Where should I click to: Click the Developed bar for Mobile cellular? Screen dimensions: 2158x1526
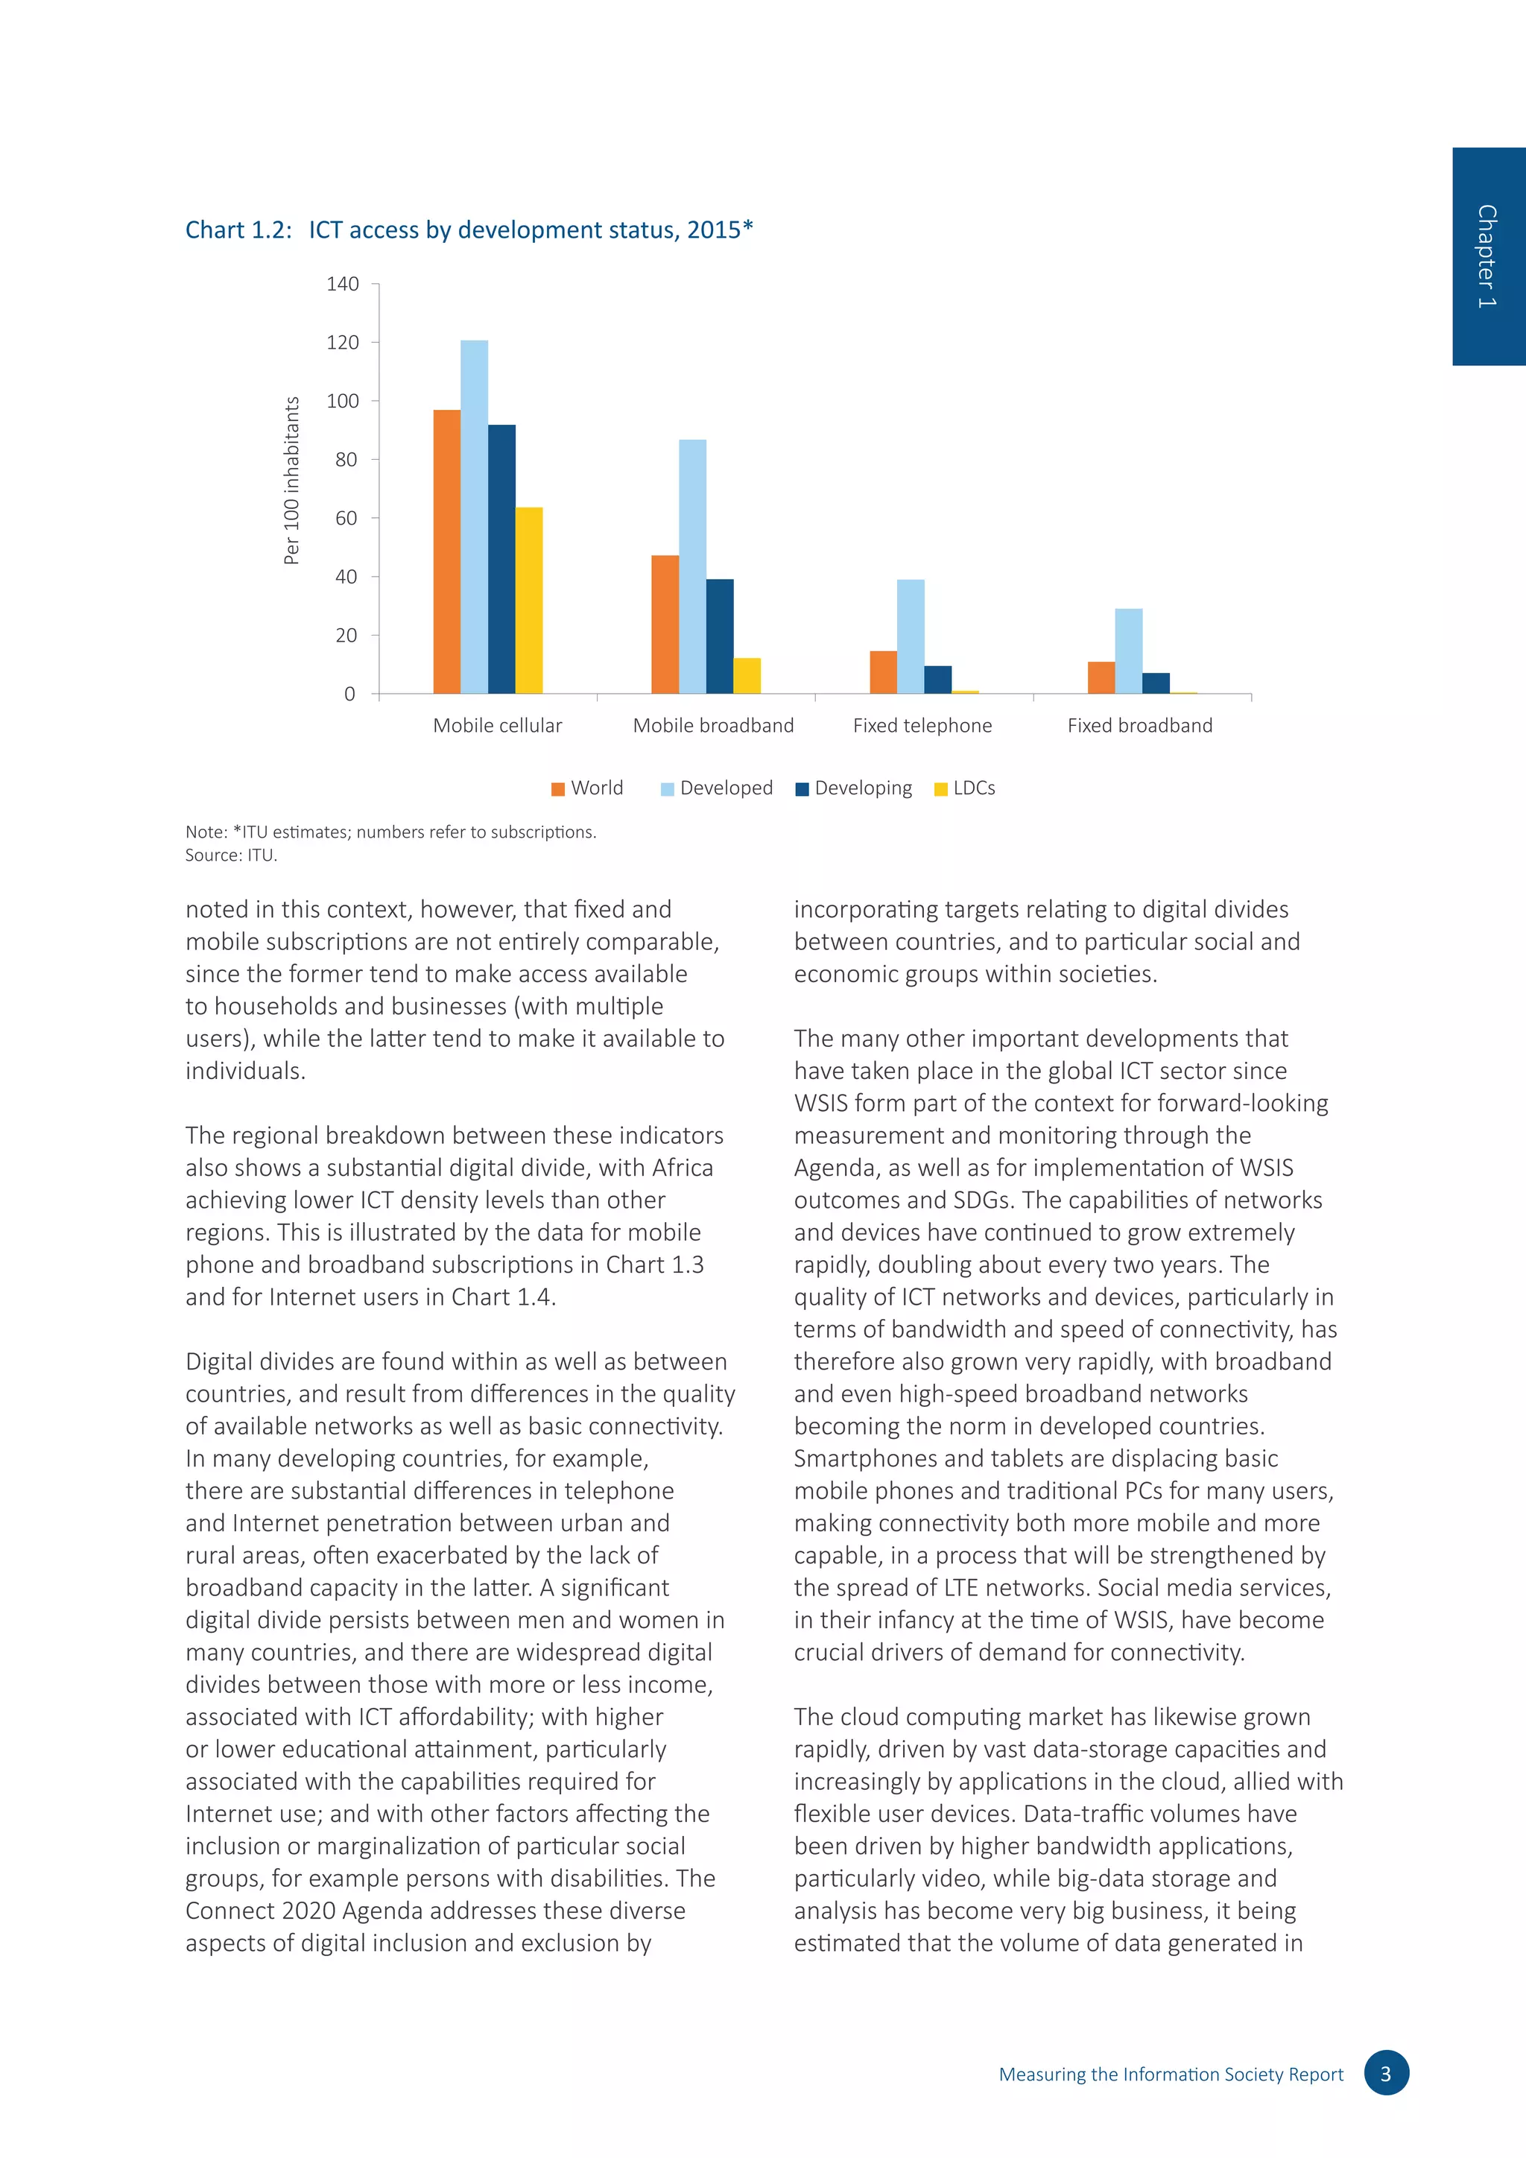pyautogui.click(x=474, y=517)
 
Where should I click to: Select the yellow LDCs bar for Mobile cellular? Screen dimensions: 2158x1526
pyautogui.click(x=529, y=601)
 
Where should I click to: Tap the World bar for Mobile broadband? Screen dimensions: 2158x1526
pyautogui.click(x=665, y=624)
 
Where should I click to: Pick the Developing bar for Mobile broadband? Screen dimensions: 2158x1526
pyautogui.click(x=720, y=636)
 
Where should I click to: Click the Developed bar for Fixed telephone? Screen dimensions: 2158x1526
pyautogui.click(x=911, y=636)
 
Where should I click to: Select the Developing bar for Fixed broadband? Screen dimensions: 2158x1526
pyautogui.click(x=1156, y=683)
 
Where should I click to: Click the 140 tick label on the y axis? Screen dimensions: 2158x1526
pyautogui.click(x=343, y=284)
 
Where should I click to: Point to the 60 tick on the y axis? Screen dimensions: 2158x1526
pyautogui.click(x=346, y=518)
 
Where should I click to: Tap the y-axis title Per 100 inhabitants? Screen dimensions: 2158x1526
pyautogui.click(x=292, y=481)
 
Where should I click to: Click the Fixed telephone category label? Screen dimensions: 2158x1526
pyautogui.click(x=922, y=726)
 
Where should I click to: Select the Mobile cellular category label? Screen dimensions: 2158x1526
pyautogui.click(x=497, y=726)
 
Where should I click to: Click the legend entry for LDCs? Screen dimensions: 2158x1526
pyautogui.click(x=965, y=788)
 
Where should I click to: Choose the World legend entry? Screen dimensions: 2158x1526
pyautogui.click(x=587, y=788)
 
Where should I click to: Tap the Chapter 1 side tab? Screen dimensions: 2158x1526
pyautogui.click(x=1489, y=256)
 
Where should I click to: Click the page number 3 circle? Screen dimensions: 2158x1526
pyautogui.click(x=1386, y=2073)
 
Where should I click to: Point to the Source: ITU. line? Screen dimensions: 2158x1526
pyautogui.click(x=231, y=855)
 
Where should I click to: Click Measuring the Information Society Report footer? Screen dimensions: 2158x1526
pyautogui.click(x=1171, y=2075)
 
